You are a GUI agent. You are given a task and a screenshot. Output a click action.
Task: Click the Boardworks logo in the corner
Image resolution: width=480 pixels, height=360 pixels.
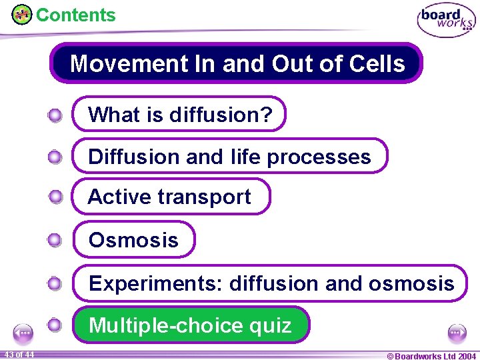pyautogui.click(x=446, y=20)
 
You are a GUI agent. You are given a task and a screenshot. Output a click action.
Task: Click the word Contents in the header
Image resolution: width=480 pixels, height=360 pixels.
pyautogui.click(x=75, y=15)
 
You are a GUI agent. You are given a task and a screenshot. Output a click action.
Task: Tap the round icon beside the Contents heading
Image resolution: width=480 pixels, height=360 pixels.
pyautogui.click(x=21, y=14)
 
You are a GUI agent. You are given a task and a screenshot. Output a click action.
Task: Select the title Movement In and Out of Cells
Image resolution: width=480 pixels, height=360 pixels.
pyautogui.click(x=237, y=63)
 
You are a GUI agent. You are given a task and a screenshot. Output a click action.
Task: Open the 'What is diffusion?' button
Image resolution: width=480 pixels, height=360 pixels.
pyautogui.click(x=179, y=115)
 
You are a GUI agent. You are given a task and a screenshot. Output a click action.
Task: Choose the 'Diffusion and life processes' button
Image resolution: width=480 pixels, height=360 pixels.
pyautogui.click(x=229, y=157)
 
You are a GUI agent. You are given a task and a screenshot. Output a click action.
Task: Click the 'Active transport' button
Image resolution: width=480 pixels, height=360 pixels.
pyautogui.click(x=170, y=197)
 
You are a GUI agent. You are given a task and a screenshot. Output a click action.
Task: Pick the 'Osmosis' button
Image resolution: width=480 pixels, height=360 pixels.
pyautogui.click(x=133, y=240)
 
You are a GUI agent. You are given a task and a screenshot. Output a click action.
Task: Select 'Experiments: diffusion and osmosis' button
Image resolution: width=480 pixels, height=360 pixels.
pyautogui.click(x=271, y=283)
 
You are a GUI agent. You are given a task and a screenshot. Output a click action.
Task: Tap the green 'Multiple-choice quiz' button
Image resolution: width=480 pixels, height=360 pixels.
pyautogui.click(x=190, y=325)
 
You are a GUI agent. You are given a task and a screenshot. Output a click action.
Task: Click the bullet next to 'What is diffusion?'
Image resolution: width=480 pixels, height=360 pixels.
pyautogui.click(x=55, y=115)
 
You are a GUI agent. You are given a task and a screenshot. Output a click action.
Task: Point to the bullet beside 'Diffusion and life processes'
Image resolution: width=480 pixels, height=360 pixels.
pyautogui.click(x=55, y=157)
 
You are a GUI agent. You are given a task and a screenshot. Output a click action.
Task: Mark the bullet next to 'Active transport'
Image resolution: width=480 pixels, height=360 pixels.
pyautogui.click(x=55, y=197)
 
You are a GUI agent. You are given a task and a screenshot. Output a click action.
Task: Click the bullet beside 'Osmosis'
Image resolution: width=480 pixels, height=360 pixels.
pyautogui.click(x=55, y=240)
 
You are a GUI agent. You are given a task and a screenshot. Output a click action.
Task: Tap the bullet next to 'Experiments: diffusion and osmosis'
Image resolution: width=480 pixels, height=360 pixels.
pyautogui.click(x=55, y=283)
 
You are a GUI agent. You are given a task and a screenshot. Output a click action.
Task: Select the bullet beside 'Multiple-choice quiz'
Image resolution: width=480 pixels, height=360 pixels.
pyautogui.click(x=55, y=325)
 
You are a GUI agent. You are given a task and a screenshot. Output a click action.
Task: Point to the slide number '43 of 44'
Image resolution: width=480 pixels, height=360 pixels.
pyautogui.click(x=18, y=354)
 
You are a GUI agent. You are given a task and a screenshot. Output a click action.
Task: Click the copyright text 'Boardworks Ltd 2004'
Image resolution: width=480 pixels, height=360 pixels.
pyautogui.click(x=431, y=355)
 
